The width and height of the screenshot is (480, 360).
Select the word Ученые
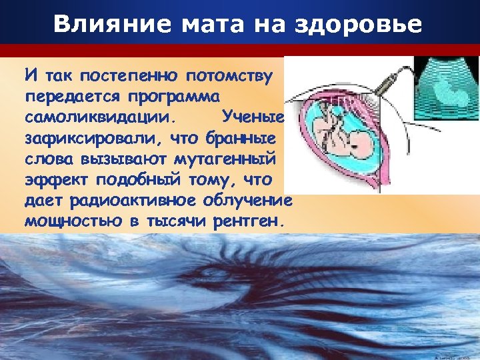pos(254,117)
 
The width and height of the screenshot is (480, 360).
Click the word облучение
pos(252,201)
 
